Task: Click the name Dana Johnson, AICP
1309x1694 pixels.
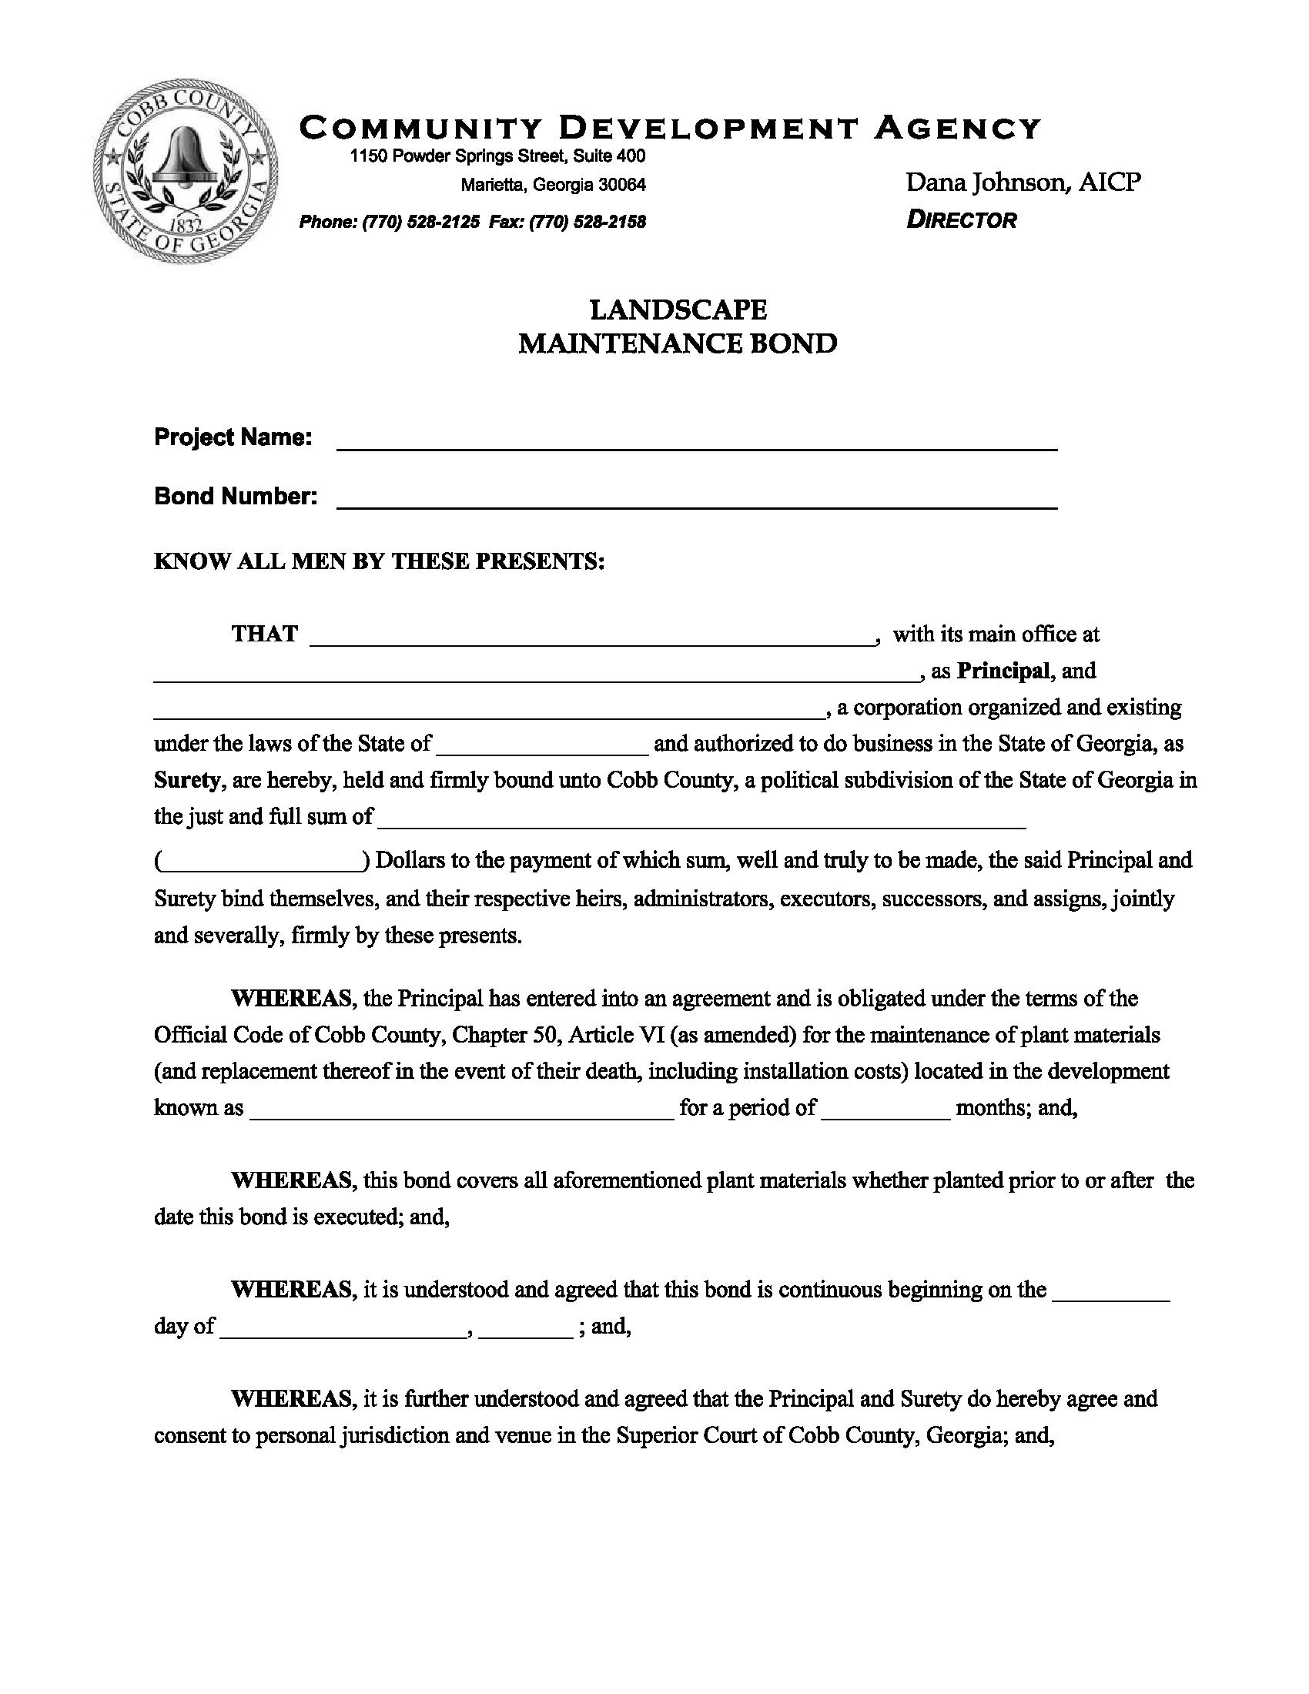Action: click(1023, 183)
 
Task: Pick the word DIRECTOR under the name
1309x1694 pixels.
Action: click(962, 221)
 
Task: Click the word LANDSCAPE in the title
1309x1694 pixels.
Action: click(678, 310)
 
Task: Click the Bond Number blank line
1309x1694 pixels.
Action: click(696, 500)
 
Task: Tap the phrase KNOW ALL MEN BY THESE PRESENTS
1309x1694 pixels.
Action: click(378, 561)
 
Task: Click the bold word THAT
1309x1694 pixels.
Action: click(264, 634)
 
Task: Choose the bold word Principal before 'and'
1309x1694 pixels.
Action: click(1003, 671)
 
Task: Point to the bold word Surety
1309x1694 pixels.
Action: click(187, 780)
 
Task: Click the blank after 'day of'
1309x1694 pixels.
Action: click(344, 1328)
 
